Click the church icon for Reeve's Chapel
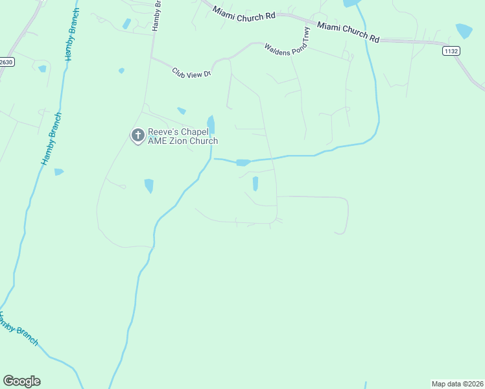point(137,136)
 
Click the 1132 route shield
point(451,50)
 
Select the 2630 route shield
point(6,62)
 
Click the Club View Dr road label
point(192,73)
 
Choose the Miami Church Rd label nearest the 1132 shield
point(348,31)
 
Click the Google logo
point(21,381)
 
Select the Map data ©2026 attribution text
point(457,384)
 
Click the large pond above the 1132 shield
point(464,31)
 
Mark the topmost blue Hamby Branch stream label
point(72,36)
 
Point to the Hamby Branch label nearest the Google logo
point(18,329)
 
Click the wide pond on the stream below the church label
point(243,162)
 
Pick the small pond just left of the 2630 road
point(42,68)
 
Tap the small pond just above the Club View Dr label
point(121,70)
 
